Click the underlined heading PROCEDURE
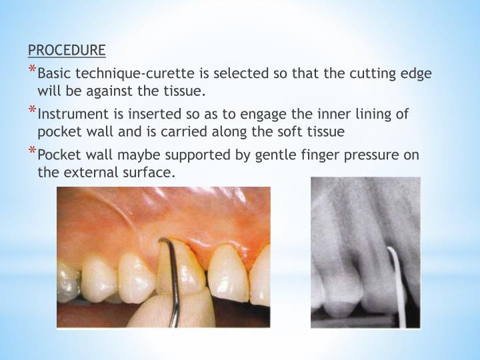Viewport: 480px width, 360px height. (x=66, y=50)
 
